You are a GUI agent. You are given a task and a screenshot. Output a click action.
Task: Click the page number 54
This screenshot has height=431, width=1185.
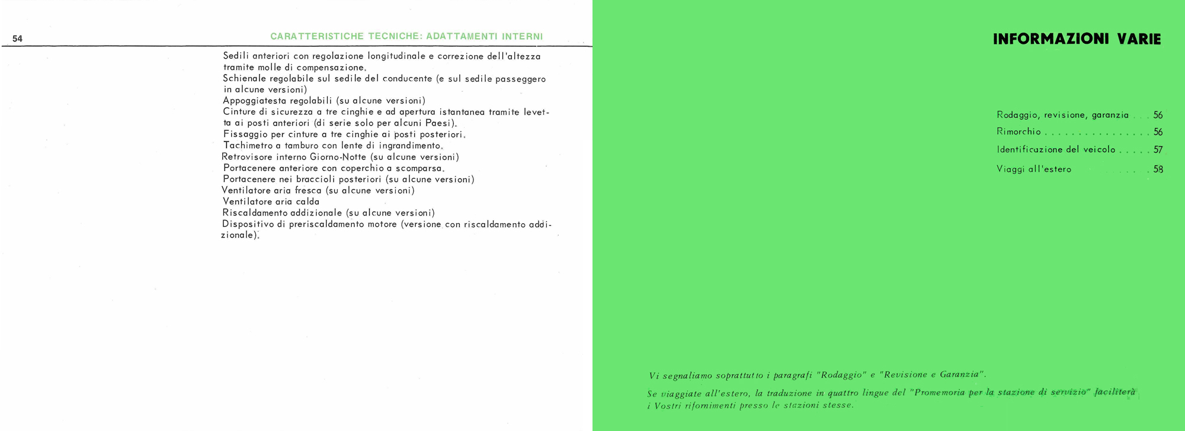pyautogui.click(x=17, y=39)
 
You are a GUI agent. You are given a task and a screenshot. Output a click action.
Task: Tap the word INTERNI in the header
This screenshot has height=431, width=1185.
pyautogui.click(x=522, y=37)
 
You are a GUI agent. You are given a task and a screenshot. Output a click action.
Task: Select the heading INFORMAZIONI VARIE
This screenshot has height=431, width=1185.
pyautogui.click(x=1077, y=40)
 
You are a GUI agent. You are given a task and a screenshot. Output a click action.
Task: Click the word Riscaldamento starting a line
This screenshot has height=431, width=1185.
pyautogui.click(x=254, y=213)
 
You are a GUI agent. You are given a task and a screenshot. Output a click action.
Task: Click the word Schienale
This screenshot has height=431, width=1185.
pyautogui.click(x=244, y=79)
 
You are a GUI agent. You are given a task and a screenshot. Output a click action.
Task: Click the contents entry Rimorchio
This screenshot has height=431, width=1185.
pyautogui.click(x=1019, y=132)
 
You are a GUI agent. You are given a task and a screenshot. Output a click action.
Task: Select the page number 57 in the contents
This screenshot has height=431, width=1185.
pyautogui.click(x=1158, y=150)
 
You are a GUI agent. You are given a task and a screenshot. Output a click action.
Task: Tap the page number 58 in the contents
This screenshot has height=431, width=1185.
pyautogui.click(x=1158, y=169)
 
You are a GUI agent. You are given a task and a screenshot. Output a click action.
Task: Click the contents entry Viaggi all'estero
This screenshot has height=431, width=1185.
pyautogui.click(x=1034, y=169)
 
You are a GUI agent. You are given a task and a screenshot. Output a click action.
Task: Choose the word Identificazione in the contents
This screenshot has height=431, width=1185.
pyautogui.click(x=1030, y=150)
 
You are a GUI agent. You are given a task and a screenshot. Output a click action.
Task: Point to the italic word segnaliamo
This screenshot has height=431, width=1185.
pyautogui.click(x=688, y=375)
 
